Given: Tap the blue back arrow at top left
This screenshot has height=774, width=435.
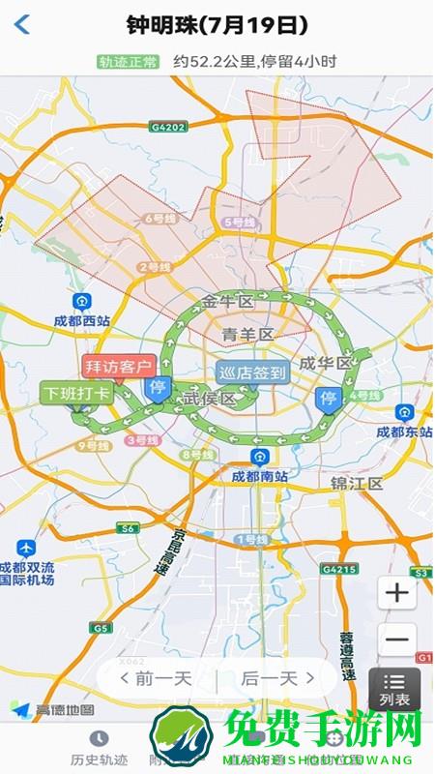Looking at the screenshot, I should tap(22, 25).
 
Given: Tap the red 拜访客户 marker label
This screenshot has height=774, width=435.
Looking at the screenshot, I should tap(119, 367).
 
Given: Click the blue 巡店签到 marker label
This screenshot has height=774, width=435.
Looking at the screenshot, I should tap(252, 372).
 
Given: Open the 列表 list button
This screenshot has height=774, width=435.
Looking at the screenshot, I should tap(394, 686).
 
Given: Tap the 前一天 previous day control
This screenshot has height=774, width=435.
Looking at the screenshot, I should tap(156, 679).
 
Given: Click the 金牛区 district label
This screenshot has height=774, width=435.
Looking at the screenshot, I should tap(228, 301).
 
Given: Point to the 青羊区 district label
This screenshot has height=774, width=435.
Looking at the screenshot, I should tap(248, 335).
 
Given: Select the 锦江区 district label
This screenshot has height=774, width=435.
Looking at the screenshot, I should tap(357, 482).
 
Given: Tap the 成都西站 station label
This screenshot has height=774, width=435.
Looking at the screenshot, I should tap(81, 321).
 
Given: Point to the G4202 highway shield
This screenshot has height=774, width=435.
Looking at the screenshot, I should tap(166, 126).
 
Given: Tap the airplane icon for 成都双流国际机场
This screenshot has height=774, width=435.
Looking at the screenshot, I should tap(26, 549).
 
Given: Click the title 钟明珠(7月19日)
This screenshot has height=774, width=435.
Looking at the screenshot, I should tap(217, 25).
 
